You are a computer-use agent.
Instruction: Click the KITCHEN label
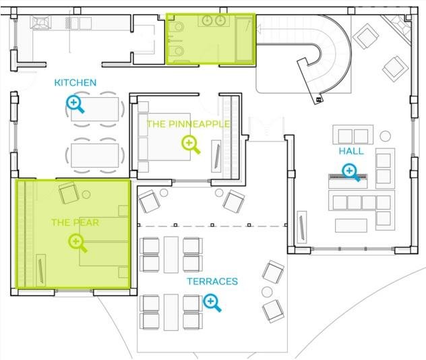[x=75, y=83]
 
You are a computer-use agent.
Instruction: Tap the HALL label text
[x=351, y=151]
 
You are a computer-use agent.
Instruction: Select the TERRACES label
[x=212, y=282]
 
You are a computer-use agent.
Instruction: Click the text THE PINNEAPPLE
[x=189, y=124]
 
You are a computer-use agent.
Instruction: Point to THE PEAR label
[x=75, y=222]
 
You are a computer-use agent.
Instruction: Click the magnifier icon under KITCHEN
[x=75, y=104]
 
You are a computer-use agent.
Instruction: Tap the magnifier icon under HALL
[x=351, y=173]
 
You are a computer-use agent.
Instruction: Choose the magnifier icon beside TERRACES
[x=212, y=303]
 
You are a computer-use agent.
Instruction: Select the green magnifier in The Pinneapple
[x=191, y=145]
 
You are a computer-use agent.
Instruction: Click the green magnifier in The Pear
[x=78, y=243]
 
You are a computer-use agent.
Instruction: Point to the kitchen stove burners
[x=40, y=22]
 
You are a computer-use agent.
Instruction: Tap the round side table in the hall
[x=385, y=136]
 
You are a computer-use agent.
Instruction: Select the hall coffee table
[x=351, y=226]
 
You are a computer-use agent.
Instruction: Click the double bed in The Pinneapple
[x=164, y=137]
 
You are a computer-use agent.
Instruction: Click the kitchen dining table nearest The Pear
[x=94, y=156]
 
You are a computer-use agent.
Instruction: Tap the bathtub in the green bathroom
[x=244, y=38]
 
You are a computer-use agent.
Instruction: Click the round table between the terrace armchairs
[x=267, y=292]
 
